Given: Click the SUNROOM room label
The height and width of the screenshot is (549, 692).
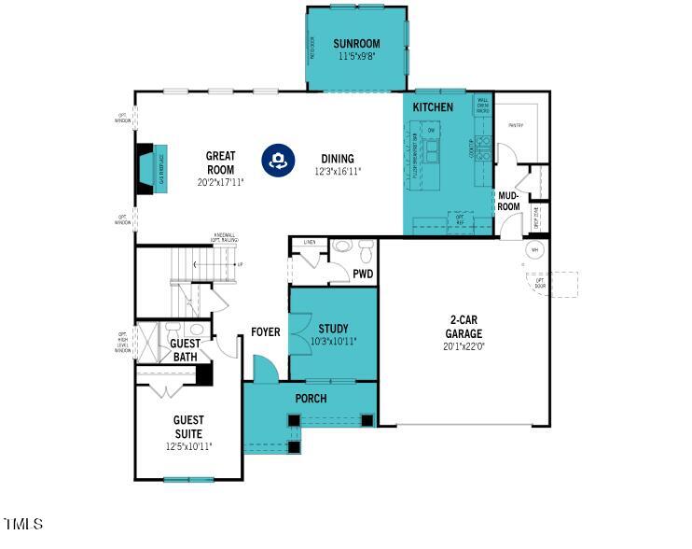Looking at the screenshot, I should [357, 44].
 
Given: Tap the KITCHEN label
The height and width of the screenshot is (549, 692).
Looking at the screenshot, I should [433, 107].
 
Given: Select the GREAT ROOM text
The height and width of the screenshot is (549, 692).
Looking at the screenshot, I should [220, 162].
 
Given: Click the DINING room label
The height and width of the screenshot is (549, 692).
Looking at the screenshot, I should [338, 158].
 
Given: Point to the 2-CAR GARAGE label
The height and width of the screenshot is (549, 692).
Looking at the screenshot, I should [464, 326].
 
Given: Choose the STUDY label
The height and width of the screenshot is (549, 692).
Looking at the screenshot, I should [333, 329].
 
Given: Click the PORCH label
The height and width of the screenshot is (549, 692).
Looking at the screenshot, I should [311, 399].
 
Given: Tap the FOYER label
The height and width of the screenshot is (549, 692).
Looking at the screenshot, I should [266, 332].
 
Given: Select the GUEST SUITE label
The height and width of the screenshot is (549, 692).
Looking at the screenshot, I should [188, 427].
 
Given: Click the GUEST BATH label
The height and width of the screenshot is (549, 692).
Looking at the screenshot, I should [185, 349].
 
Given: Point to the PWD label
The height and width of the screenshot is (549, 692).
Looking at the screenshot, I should [363, 274].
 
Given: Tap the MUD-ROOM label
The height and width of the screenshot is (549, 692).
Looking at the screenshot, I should [508, 201].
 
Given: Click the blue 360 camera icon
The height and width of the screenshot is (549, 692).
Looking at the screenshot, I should [277, 159].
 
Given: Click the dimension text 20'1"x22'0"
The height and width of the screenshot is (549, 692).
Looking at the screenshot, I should [464, 346].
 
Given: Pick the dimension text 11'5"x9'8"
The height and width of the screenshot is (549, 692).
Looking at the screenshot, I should [357, 57].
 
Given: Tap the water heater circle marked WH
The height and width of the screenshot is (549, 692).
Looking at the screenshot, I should [535, 250].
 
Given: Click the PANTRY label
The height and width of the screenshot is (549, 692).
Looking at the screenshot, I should [515, 124].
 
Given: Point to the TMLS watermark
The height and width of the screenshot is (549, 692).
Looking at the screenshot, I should [23, 524].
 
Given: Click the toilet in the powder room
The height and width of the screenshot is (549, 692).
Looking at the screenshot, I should [366, 249].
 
